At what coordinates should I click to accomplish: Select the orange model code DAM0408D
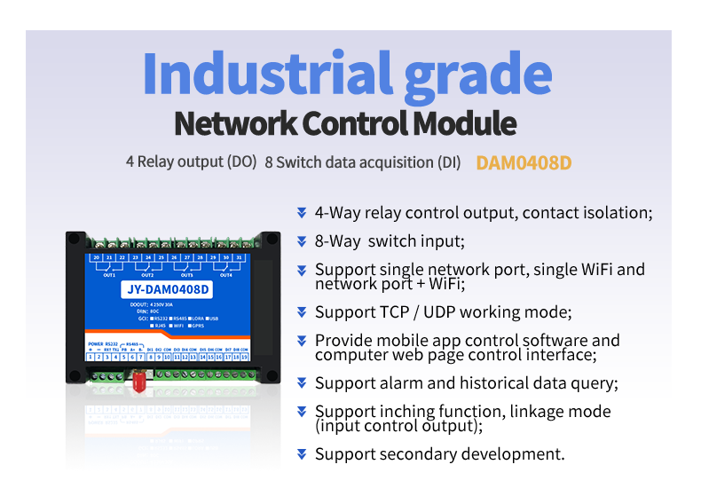(x=524, y=163)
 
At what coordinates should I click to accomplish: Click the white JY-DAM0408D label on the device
(x=168, y=289)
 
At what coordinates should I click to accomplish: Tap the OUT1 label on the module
(x=109, y=275)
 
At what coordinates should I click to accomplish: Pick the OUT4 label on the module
(x=226, y=275)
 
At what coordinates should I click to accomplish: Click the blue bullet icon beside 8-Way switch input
(x=302, y=240)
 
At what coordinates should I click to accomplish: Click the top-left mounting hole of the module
(x=75, y=238)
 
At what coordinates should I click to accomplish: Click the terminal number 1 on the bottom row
(x=91, y=357)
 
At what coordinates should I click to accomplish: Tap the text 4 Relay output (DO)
(x=191, y=162)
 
